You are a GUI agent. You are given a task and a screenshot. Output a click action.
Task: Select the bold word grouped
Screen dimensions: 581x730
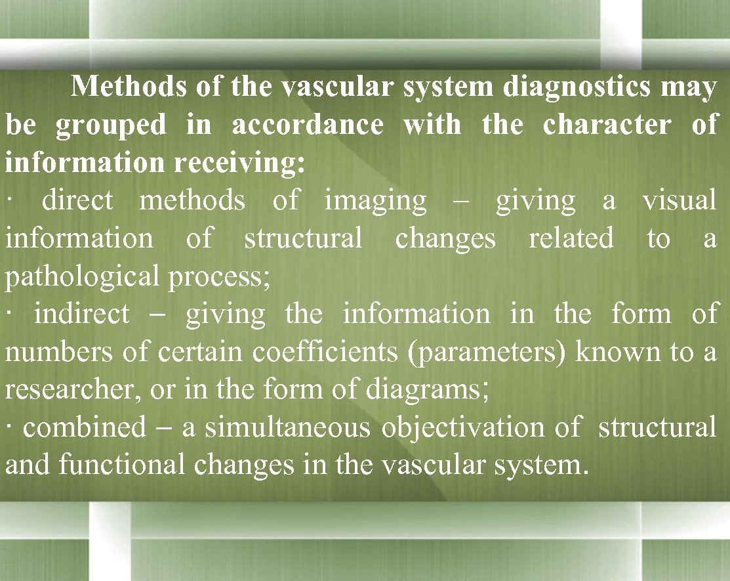111,125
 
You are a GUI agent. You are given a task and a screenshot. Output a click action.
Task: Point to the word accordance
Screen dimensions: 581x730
308,125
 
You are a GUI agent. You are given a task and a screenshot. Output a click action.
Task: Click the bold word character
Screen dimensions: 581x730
607,125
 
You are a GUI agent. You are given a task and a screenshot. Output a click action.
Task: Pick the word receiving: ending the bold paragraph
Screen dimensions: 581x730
239,163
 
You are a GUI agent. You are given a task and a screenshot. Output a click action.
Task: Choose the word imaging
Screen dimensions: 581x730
375,200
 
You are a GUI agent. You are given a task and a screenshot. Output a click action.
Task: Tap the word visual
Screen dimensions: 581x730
679,200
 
